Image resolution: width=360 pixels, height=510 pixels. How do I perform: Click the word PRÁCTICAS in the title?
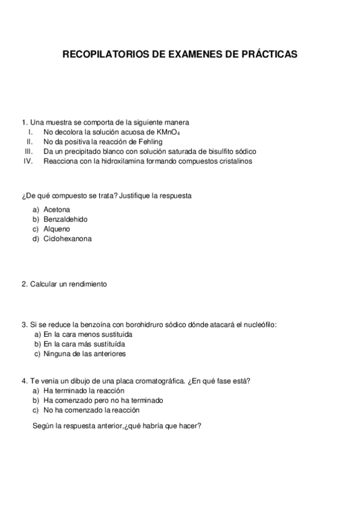[x=268, y=54]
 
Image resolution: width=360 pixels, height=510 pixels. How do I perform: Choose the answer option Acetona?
[x=57, y=209]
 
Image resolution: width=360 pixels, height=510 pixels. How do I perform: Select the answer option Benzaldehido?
[x=66, y=219]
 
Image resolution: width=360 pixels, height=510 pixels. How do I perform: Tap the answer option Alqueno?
[x=57, y=229]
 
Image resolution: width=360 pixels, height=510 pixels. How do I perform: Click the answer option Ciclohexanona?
[x=68, y=238]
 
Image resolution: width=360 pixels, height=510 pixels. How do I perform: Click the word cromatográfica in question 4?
[x=159, y=381]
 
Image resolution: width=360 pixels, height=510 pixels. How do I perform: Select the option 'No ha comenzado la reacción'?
[x=91, y=410]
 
